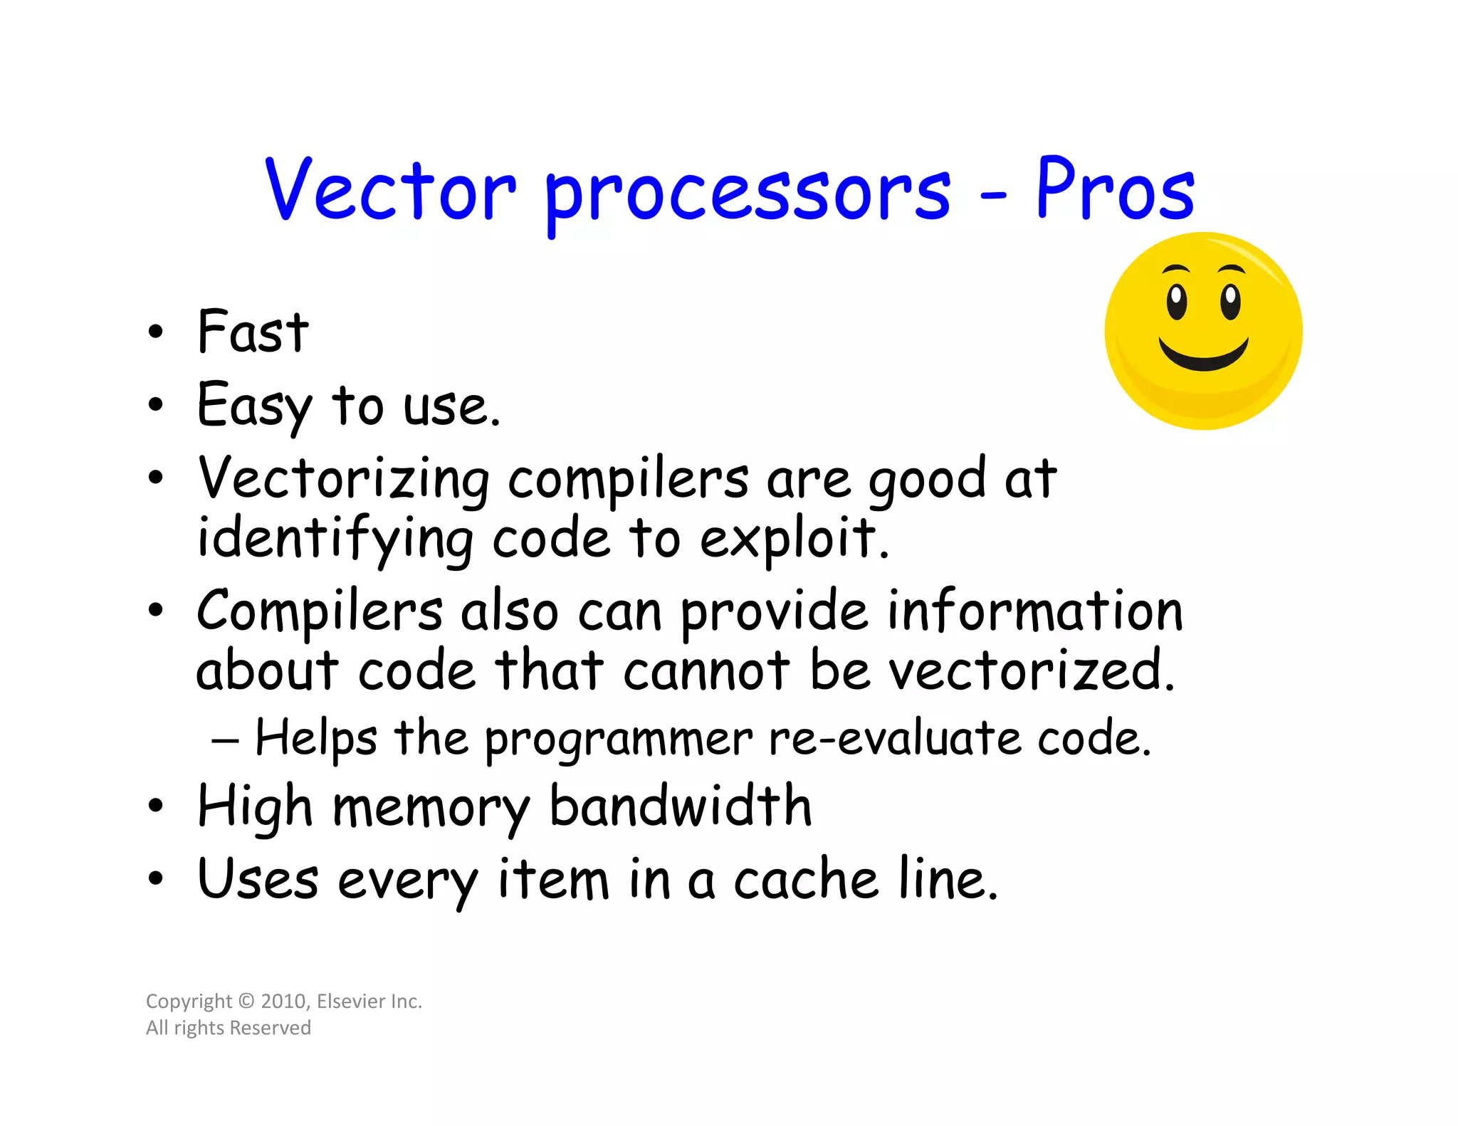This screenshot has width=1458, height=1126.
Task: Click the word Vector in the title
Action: tap(390, 189)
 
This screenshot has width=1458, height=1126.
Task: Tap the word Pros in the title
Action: tap(1115, 189)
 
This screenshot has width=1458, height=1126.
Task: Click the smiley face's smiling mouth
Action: tap(1203, 354)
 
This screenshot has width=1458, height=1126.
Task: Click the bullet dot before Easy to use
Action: tap(155, 405)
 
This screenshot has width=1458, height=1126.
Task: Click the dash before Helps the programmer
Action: tap(225, 741)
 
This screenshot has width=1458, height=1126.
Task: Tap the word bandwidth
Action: tap(681, 806)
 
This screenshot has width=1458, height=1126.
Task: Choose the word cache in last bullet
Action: tap(805, 880)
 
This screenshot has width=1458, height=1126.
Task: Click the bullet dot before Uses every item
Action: tap(155, 879)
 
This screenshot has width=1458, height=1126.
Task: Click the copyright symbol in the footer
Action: tap(246, 1001)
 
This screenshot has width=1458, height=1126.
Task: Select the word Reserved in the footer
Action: tap(271, 1028)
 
